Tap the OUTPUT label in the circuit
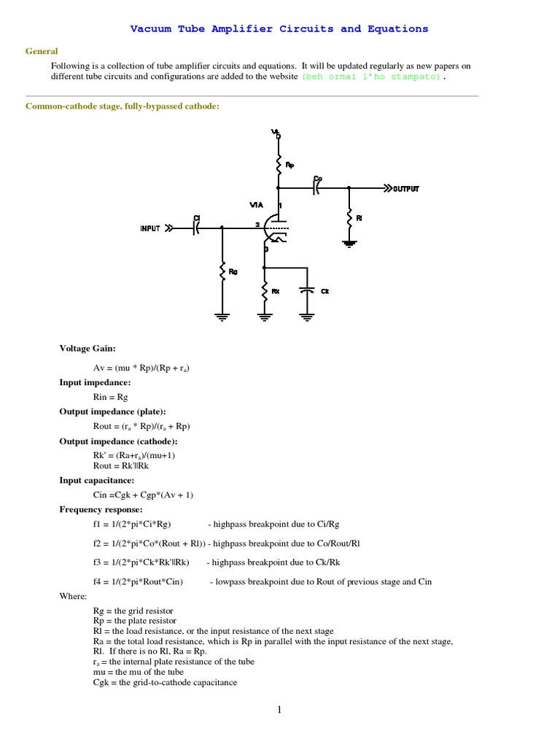[406, 188]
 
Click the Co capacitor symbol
[316, 187]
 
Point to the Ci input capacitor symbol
[195, 228]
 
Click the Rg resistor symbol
[222, 271]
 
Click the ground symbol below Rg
[222, 316]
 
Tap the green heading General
[42, 51]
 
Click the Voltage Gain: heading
[87, 349]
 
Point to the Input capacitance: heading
[96, 481]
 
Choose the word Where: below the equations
[72, 596]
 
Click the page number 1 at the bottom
[279, 711]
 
